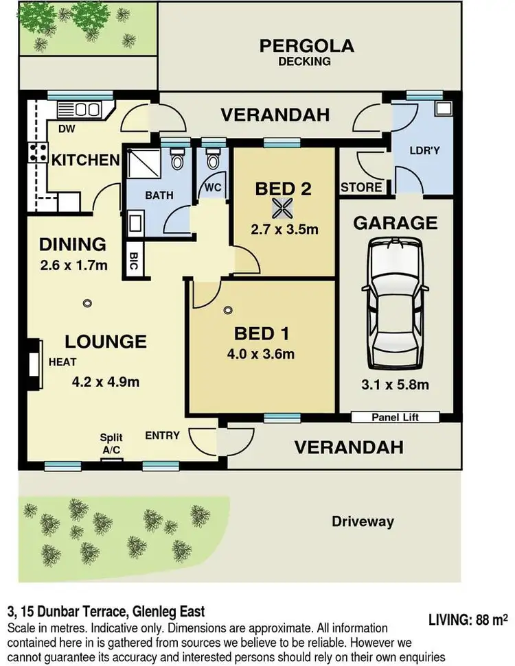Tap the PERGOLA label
click(306, 47)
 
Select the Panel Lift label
click(395, 417)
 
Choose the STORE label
click(361, 187)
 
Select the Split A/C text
click(111, 442)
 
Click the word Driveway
click(363, 521)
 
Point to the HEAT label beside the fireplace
click(62, 362)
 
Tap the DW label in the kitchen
click(67, 129)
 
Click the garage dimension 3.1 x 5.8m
click(396, 385)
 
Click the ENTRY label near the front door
click(162, 436)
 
